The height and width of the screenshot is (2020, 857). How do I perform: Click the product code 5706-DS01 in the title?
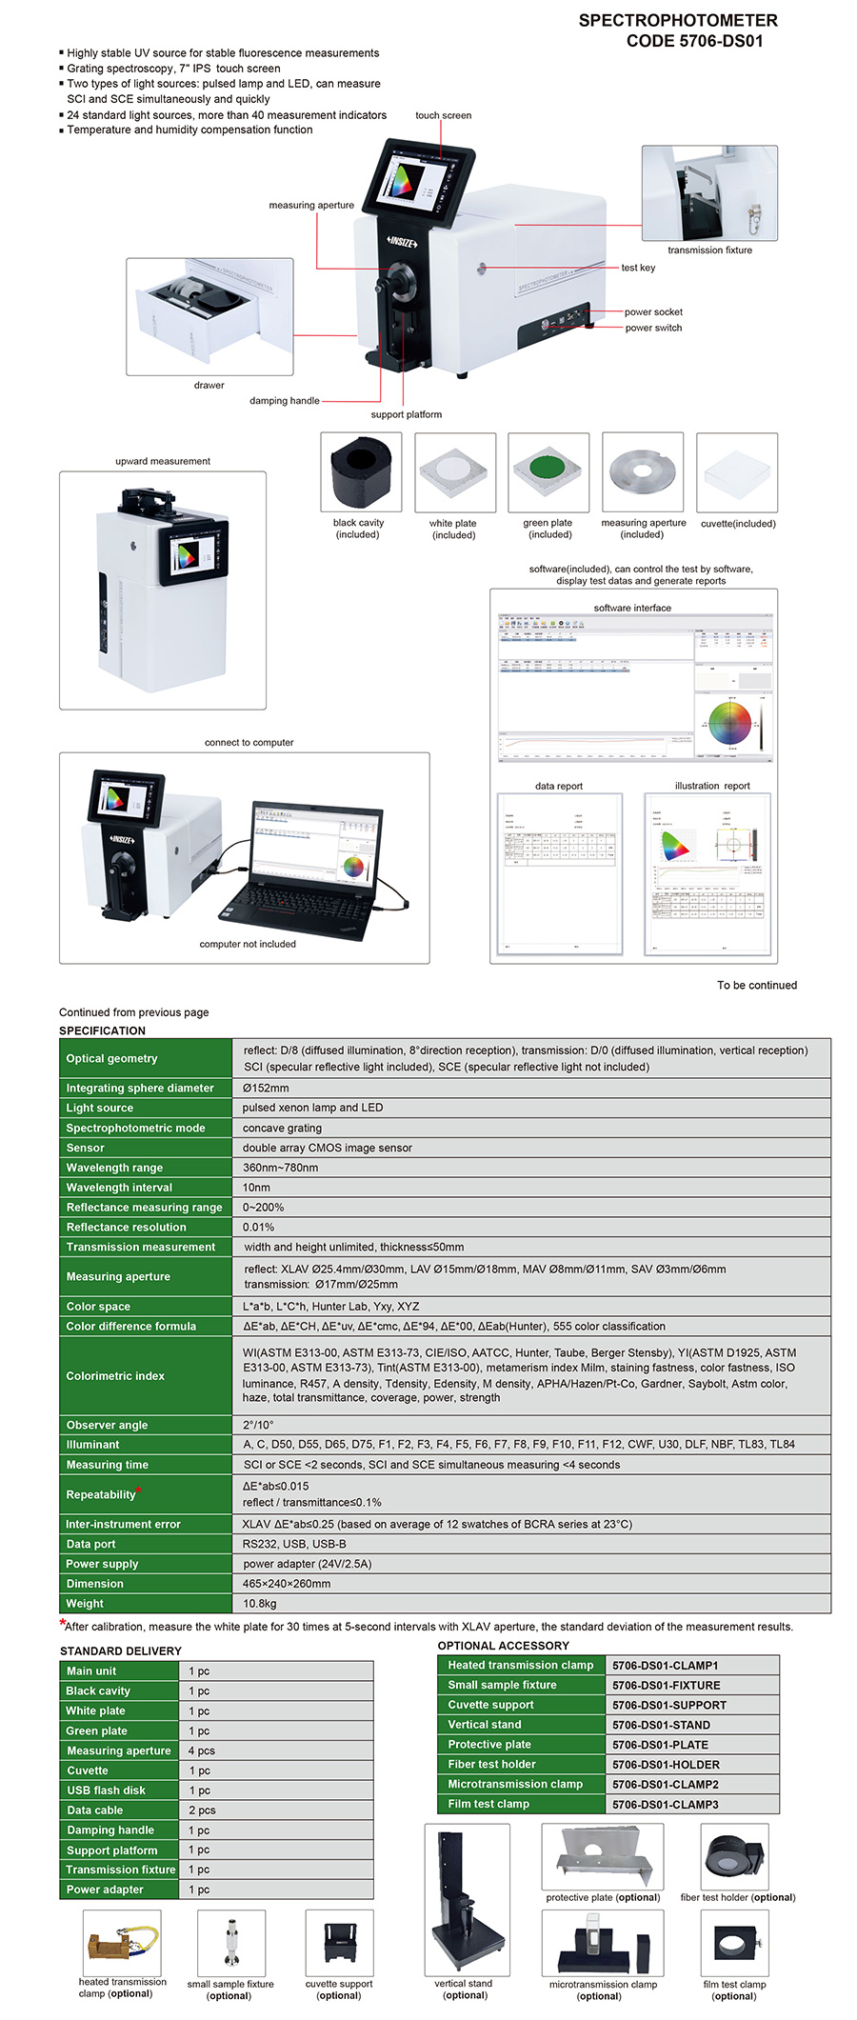point(720,41)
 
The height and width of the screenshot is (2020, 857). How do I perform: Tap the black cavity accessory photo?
point(361,472)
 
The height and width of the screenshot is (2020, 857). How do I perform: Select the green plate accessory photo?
point(548,472)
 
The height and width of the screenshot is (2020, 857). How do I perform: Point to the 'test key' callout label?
point(638,268)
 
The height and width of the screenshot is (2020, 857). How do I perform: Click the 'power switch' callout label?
point(653,328)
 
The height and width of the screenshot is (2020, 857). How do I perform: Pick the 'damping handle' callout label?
point(285,401)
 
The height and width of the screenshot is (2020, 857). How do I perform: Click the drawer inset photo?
point(209,316)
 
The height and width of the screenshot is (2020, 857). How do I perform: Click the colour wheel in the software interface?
point(730,723)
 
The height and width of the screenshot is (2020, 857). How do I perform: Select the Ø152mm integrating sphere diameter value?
point(266,1088)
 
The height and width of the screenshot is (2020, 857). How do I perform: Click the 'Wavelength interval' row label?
point(119,1188)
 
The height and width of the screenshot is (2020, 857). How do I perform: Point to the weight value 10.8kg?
point(260,1603)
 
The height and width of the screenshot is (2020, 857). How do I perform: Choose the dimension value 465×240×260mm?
point(287,1583)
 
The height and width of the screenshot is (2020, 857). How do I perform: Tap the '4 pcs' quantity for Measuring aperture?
point(202,1750)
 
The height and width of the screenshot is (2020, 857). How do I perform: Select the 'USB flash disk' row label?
point(106,1790)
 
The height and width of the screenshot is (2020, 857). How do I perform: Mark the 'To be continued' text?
point(757,985)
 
